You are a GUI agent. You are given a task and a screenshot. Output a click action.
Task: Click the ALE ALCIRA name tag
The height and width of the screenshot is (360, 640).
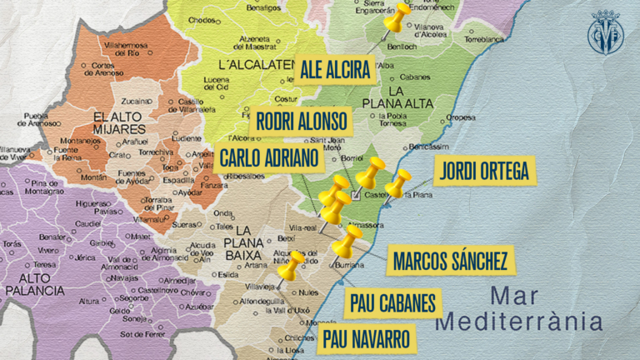[x=334, y=70]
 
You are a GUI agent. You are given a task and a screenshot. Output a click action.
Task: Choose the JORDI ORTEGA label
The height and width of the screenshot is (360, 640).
[x=482, y=171]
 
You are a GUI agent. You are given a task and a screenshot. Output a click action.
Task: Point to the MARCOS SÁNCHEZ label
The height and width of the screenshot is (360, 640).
[x=450, y=261]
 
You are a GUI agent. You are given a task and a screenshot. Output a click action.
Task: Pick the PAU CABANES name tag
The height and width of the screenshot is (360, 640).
[x=393, y=303]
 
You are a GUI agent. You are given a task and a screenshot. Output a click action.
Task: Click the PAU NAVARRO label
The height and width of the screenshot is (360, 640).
[x=367, y=339]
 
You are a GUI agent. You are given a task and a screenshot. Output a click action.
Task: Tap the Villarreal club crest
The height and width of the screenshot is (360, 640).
[x=606, y=33]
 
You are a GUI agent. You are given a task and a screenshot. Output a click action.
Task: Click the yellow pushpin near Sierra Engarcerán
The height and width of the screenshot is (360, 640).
[x=397, y=17]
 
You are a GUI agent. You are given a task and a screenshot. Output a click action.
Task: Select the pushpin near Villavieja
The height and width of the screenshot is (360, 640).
[x=290, y=267]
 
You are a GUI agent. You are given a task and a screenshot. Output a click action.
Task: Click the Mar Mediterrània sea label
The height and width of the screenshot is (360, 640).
[x=522, y=307]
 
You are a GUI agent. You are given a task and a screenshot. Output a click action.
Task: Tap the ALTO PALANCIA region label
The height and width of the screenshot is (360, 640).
[x=34, y=284]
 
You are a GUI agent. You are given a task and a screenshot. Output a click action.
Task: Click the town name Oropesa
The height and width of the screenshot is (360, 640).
[x=460, y=117]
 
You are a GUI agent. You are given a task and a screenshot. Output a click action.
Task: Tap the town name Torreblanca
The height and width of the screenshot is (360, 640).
[x=485, y=39]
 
